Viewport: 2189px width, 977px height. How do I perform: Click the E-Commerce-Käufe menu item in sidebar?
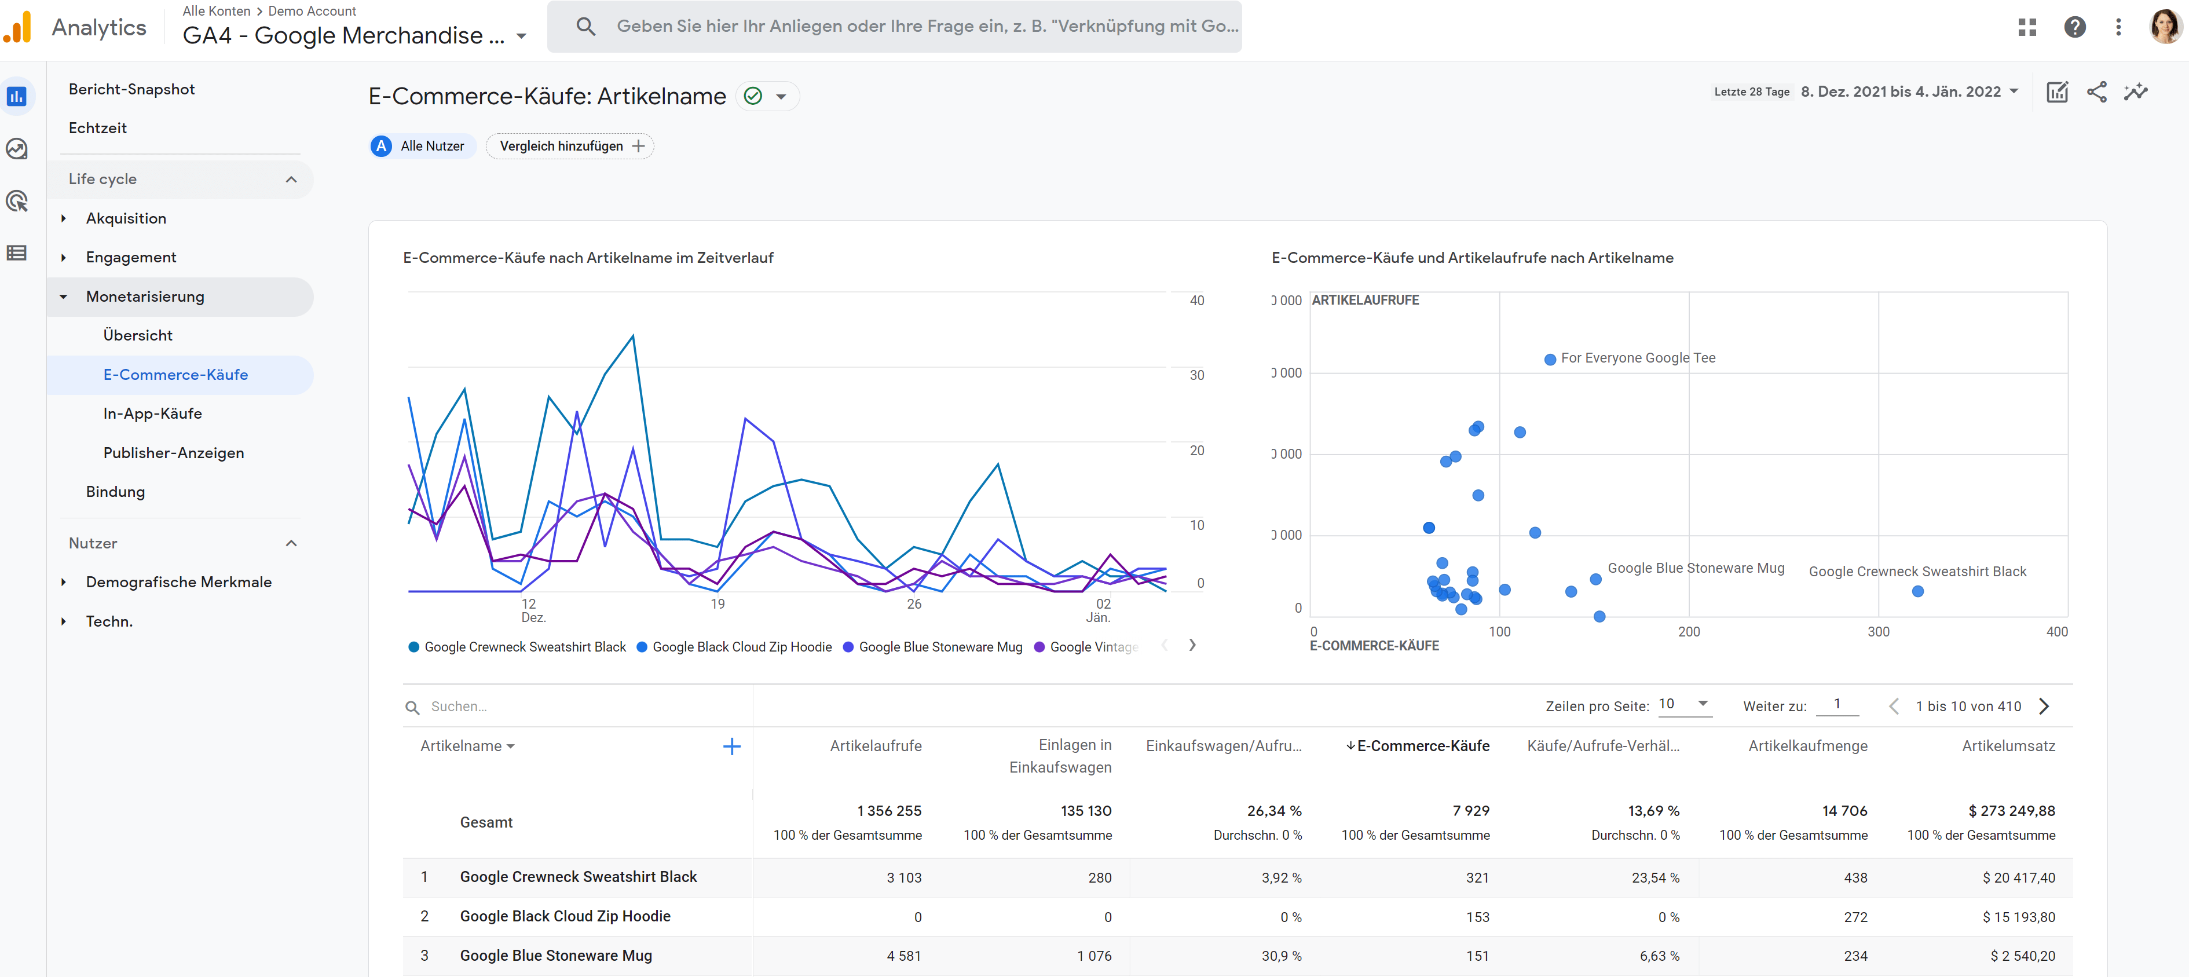[x=175, y=375]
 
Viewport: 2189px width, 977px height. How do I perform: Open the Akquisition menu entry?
[x=126, y=218]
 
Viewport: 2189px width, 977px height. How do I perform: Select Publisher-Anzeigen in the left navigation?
[x=173, y=453]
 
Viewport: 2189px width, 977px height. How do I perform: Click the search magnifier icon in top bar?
[x=585, y=26]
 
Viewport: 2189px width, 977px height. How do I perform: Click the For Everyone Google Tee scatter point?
[x=1550, y=360]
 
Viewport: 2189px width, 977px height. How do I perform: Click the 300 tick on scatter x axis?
[x=1878, y=631]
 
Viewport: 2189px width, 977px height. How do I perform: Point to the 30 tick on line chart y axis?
[x=1196, y=375]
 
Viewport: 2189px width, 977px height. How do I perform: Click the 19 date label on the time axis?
[x=717, y=604]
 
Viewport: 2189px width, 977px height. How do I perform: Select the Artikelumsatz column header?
[x=2007, y=746]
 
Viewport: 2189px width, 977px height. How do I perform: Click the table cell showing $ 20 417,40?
[x=2018, y=877]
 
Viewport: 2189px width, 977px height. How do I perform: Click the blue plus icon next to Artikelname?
[x=731, y=747]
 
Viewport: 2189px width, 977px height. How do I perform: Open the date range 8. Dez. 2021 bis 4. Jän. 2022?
[x=1908, y=92]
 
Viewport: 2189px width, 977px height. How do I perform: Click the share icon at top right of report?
[x=2096, y=92]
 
